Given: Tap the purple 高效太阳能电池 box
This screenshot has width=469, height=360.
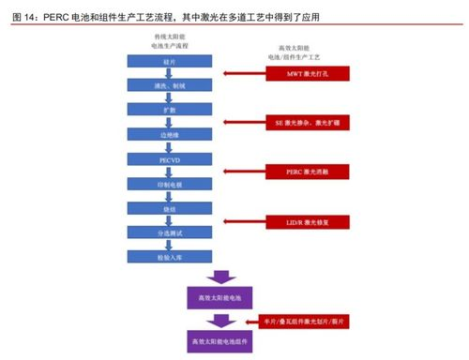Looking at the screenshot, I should point(219,298).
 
